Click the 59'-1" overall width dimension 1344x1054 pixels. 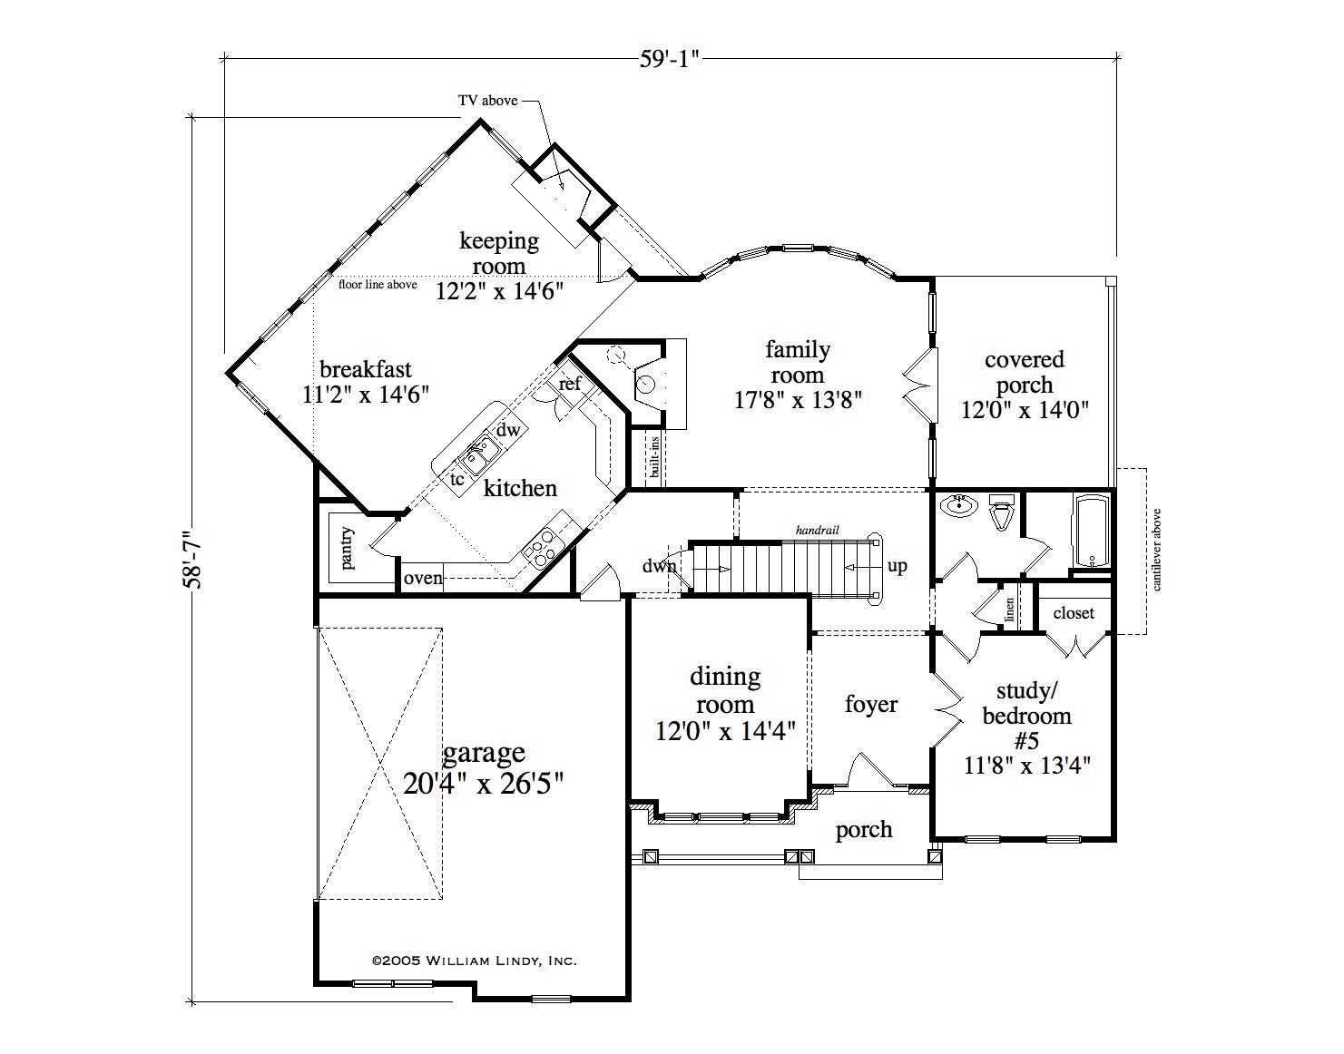point(669,59)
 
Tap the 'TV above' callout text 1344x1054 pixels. point(487,101)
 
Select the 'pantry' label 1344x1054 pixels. point(348,548)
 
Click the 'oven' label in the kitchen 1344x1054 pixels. point(423,578)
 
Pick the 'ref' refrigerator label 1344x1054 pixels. point(570,384)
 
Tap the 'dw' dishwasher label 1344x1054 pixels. point(508,429)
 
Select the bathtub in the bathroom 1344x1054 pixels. point(1094,531)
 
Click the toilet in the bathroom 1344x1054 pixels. point(1000,511)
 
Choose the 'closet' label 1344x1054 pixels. point(1074,612)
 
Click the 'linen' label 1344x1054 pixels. point(1009,610)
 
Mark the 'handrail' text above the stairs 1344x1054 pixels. point(817,530)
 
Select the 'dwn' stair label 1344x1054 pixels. point(659,565)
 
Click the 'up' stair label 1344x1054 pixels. point(897,566)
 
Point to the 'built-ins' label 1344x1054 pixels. point(653,457)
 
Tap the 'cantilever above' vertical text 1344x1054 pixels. point(1156,550)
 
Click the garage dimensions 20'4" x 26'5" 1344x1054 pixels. point(483,784)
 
